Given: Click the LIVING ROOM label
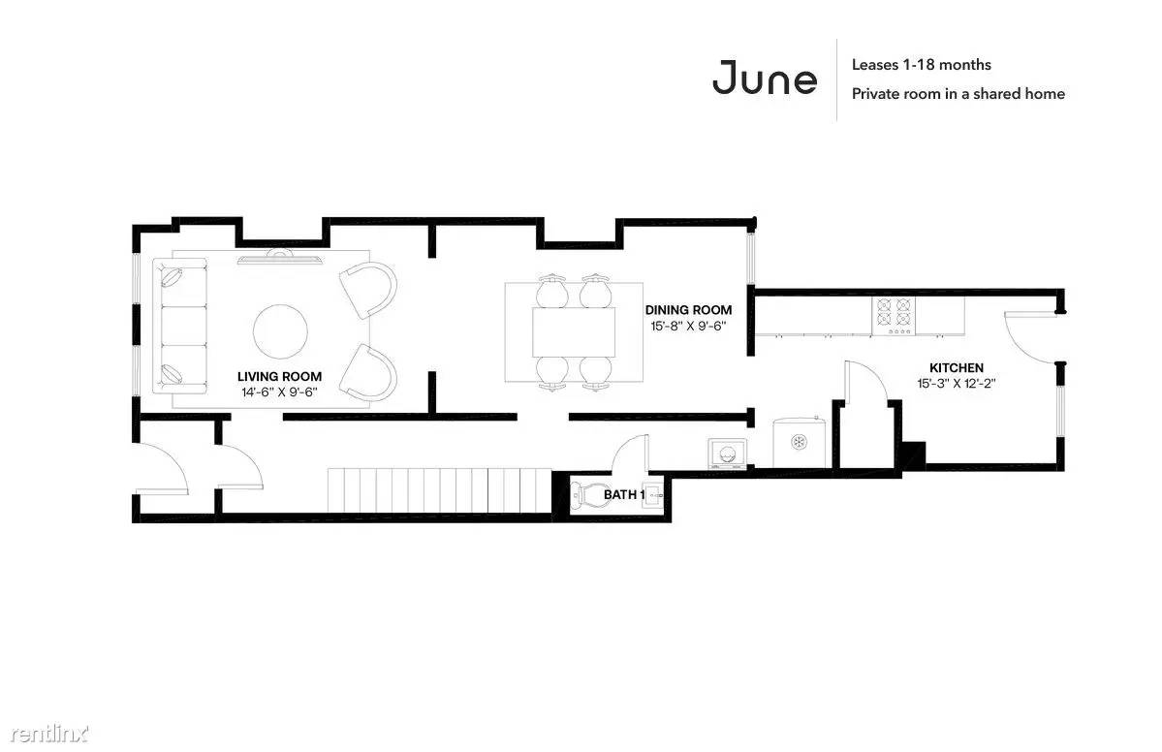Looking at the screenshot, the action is (279, 376).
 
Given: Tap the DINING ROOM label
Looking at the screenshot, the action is (688, 310).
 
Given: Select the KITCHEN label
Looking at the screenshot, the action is (957, 367).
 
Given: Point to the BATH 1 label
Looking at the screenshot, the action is (623, 494).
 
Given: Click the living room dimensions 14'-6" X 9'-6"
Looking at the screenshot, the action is (279, 392).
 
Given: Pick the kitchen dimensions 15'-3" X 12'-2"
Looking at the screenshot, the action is (956, 383).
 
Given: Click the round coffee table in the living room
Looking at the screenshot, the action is (280, 331).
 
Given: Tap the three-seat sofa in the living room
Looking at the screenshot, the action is (180, 326).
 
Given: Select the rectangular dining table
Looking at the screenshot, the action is (574, 332).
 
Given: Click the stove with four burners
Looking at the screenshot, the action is (893, 316).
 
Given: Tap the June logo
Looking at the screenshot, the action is (765, 78).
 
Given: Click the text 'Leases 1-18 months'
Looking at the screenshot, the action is (921, 65).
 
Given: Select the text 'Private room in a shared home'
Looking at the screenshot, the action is (958, 94).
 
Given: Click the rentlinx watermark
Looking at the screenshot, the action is (49, 734).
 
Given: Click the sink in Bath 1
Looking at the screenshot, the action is (652, 493).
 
